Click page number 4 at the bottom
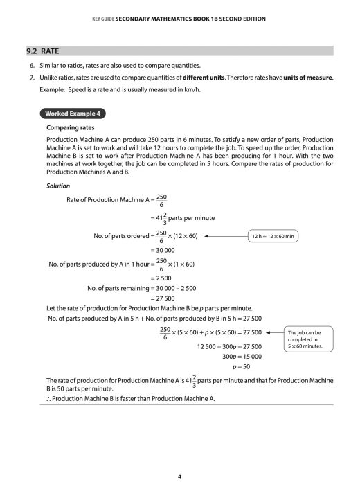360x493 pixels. click(180, 458)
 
